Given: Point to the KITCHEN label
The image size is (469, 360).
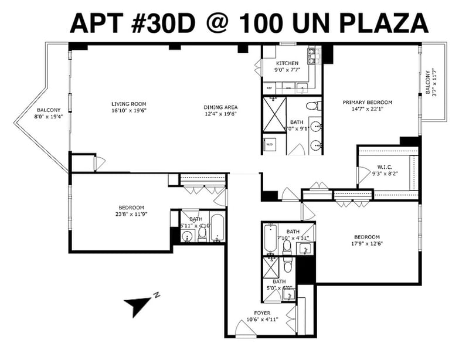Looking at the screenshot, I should click(287, 63).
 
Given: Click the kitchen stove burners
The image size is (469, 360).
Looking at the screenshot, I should click(311, 55).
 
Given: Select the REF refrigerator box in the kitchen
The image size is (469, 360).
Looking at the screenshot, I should click(270, 89).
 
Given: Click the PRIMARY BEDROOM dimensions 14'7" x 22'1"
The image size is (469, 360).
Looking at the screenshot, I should click(367, 108).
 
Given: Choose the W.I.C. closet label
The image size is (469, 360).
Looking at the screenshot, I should click(385, 167).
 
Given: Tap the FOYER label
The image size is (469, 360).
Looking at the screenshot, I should click(262, 313).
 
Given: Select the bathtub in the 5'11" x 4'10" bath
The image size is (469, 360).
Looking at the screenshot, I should click(216, 229).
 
